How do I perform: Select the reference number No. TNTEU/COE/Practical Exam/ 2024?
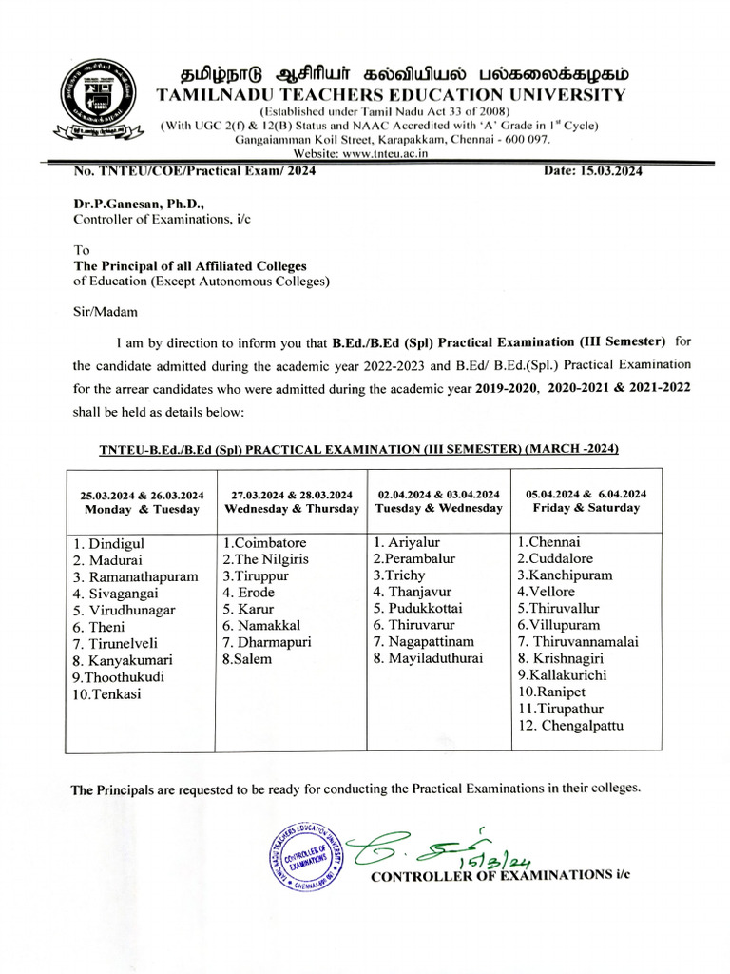(x=195, y=171)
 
